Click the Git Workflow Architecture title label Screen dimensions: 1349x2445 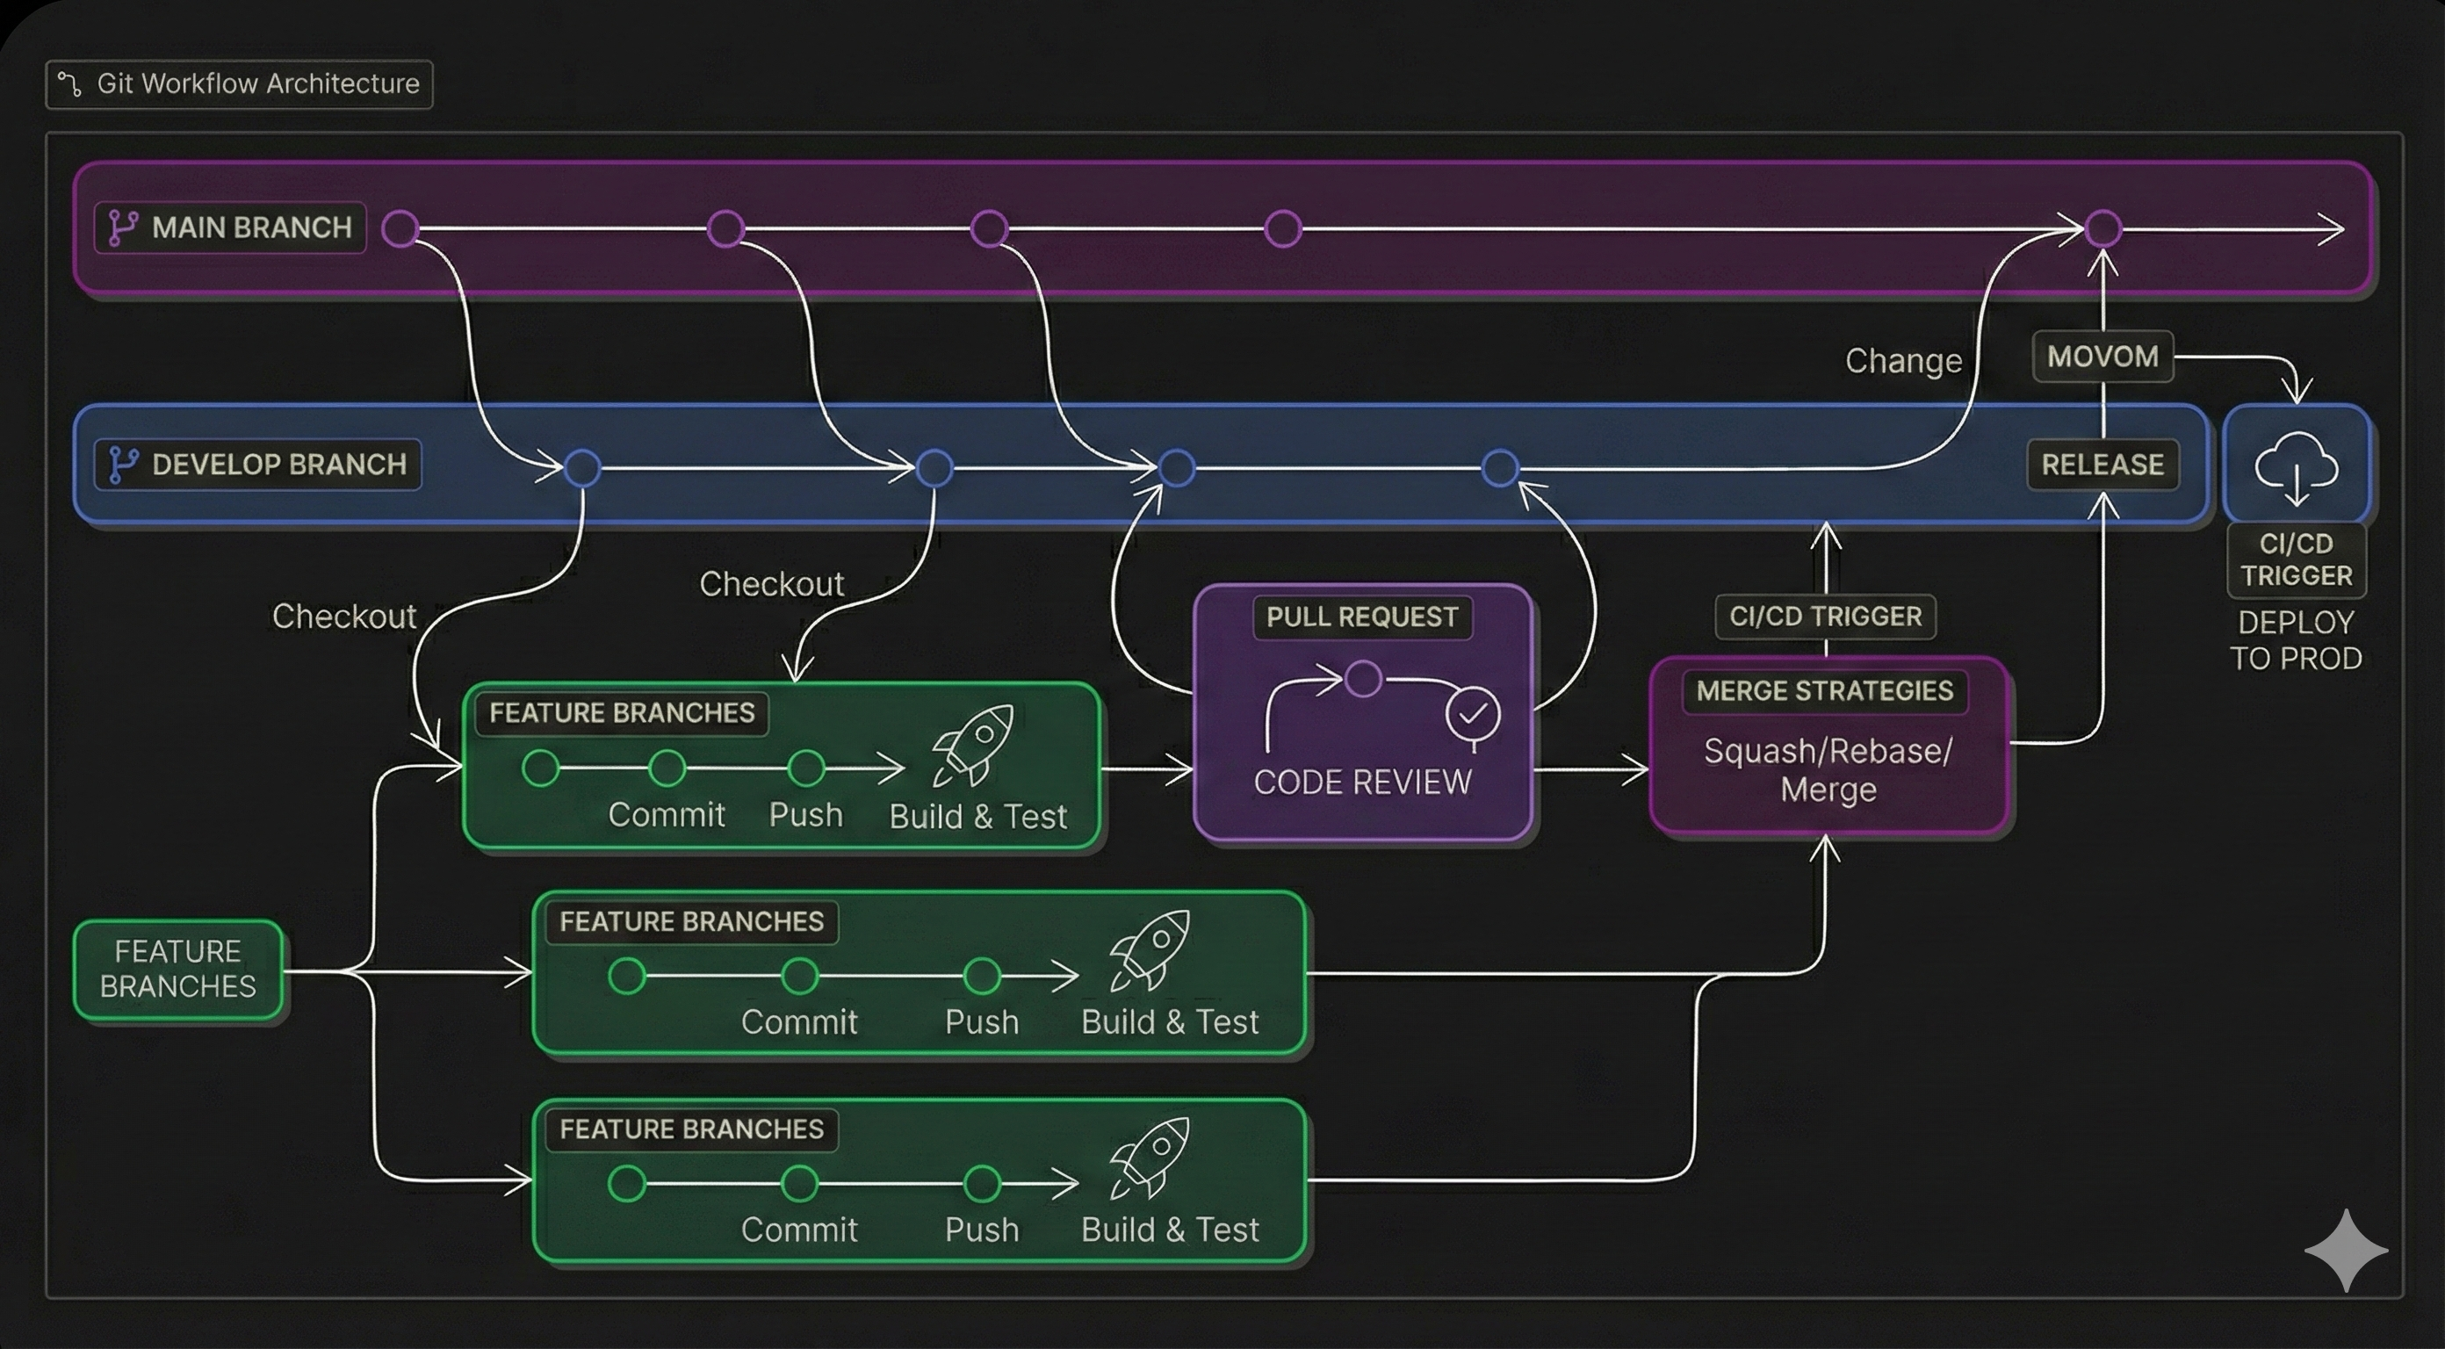tap(239, 84)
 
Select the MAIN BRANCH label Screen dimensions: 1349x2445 tap(231, 227)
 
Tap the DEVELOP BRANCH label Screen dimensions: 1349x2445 tap(258, 465)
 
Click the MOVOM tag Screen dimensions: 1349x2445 tap(2102, 357)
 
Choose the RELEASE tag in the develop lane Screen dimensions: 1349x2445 tap(2102, 465)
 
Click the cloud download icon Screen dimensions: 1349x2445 tap(2295, 466)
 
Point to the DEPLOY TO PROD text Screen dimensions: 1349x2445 tap(2295, 641)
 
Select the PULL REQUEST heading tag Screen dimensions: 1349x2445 tap(1362, 617)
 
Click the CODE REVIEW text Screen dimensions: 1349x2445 tap(1362, 783)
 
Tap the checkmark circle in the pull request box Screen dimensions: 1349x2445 tap(1472, 714)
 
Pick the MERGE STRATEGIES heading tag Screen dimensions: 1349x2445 tap(1824, 691)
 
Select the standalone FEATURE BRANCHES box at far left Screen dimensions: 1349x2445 tap(178, 970)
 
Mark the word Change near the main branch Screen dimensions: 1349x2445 tap(1903, 361)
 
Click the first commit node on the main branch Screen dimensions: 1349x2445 tap(400, 229)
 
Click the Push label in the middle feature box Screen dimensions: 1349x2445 tap(981, 1022)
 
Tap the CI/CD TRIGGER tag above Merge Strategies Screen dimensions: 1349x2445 tap(1824, 617)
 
